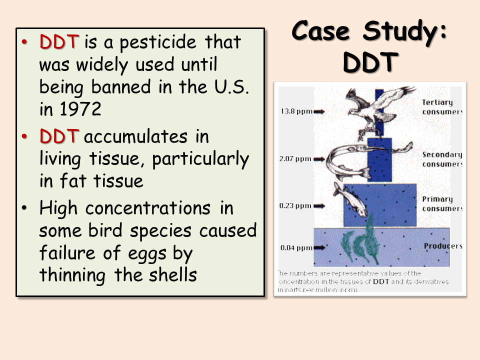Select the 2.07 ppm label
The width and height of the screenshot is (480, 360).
coord(294,159)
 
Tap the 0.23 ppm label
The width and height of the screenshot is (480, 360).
coord(294,204)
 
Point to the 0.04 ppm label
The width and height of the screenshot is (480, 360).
coord(294,247)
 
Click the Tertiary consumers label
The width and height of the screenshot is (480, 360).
coord(442,107)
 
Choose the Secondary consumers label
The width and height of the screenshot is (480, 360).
coord(442,159)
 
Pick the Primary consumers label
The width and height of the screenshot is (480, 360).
coord(442,203)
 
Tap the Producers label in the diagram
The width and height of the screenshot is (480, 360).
coord(442,246)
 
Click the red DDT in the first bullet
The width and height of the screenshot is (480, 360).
coord(59,42)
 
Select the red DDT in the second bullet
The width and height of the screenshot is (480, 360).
coord(59,136)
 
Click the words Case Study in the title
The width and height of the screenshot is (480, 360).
coord(369,31)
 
